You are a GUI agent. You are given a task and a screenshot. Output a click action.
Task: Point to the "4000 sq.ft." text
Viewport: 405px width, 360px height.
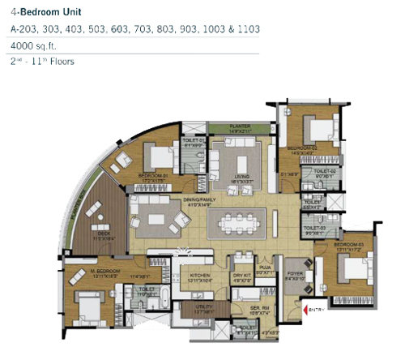click(33, 45)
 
